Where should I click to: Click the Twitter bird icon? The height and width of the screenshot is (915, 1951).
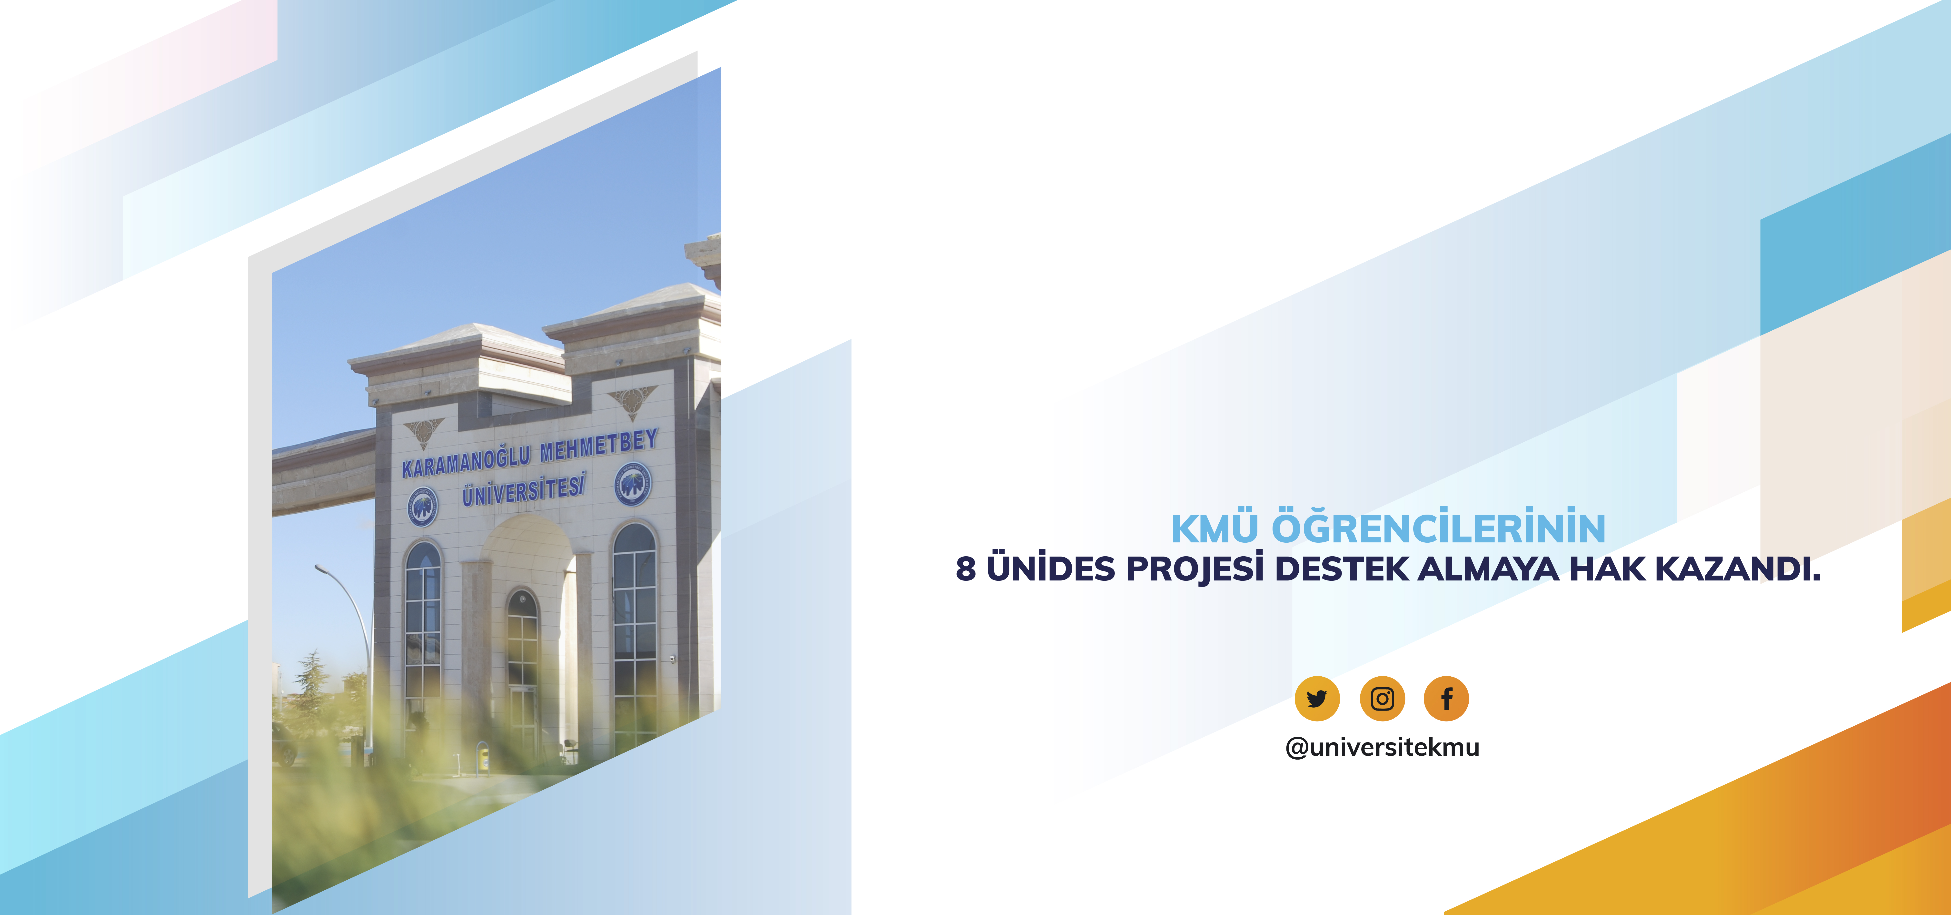pyautogui.click(x=1317, y=698)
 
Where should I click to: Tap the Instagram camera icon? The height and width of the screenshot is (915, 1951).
pyautogui.click(x=1382, y=698)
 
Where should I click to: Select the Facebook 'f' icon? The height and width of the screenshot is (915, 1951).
pyautogui.click(x=1447, y=698)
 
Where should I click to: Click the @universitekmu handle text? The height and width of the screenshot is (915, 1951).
pyautogui.click(x=1382, y=747)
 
